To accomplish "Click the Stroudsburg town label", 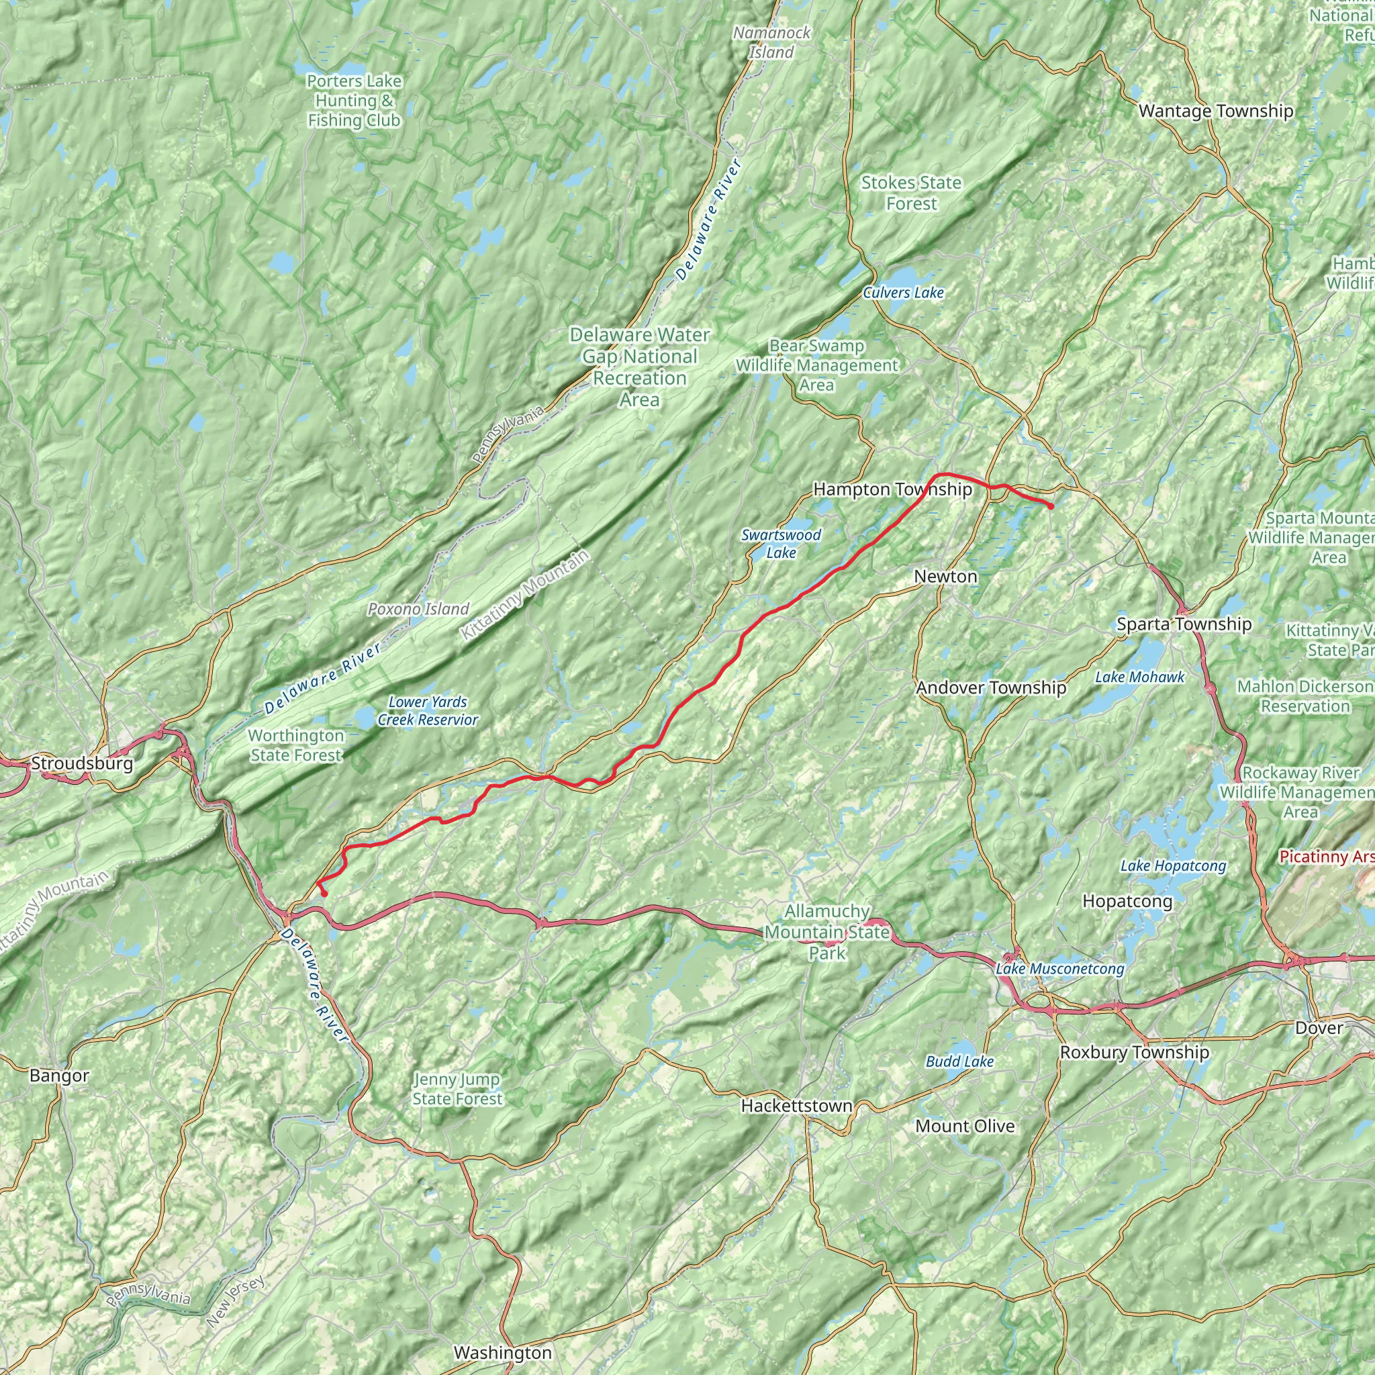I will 82,763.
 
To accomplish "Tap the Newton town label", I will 945,577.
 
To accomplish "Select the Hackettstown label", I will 796,1105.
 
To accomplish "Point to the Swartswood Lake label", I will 781,544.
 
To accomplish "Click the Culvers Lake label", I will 903,293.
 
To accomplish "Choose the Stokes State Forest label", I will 911,193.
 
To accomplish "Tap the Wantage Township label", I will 1216,111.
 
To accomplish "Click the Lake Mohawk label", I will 1139,677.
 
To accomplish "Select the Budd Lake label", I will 959,1061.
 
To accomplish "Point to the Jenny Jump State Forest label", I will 457,1089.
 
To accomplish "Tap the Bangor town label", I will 59,1076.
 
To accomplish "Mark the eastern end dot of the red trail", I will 1051,506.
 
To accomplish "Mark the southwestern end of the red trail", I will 324,893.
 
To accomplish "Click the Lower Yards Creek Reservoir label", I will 428,710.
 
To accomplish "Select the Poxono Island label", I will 418,608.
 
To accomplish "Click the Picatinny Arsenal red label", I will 1326,856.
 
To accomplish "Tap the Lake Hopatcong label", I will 1173,865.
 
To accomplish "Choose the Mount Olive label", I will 964,1126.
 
